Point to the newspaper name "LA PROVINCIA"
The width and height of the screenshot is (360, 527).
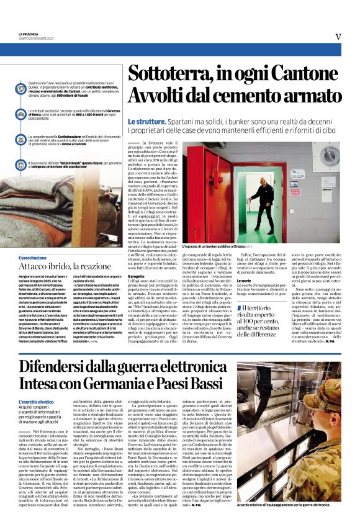pyautogui.click(x=30, y=34)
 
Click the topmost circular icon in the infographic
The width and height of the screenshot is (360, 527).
pyautogui.click(x=22, y=88)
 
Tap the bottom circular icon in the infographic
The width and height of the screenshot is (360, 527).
pyautogui.click(x=22, y=166)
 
